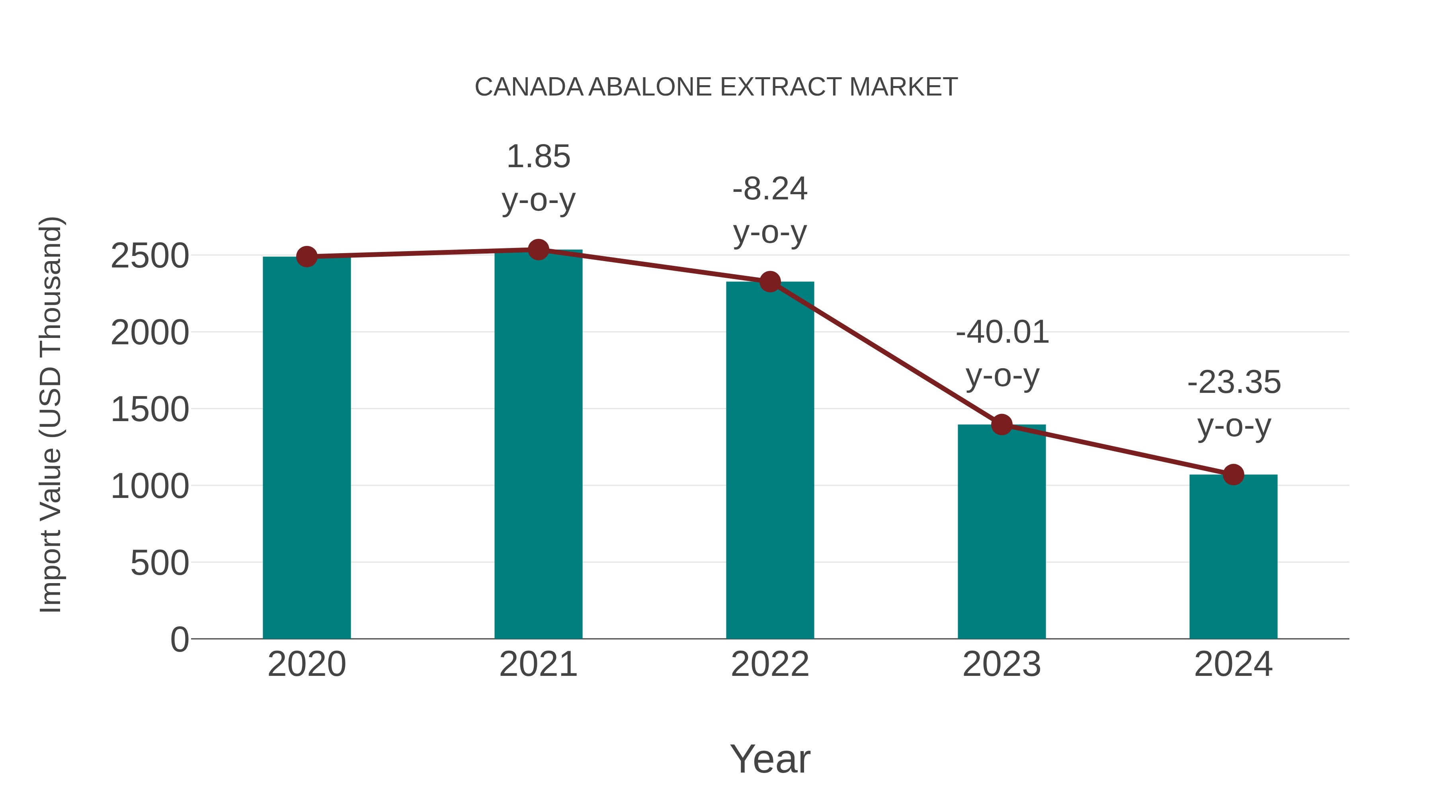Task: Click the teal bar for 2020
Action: click(307, 448)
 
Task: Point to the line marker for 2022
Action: click(770, 282)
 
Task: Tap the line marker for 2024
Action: click(1233, 474)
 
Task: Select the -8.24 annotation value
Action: click(770, 189)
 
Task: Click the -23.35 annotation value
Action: click(1234, 382)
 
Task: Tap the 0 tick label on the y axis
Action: click(179, 640)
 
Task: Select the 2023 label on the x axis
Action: click(1002, 664)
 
